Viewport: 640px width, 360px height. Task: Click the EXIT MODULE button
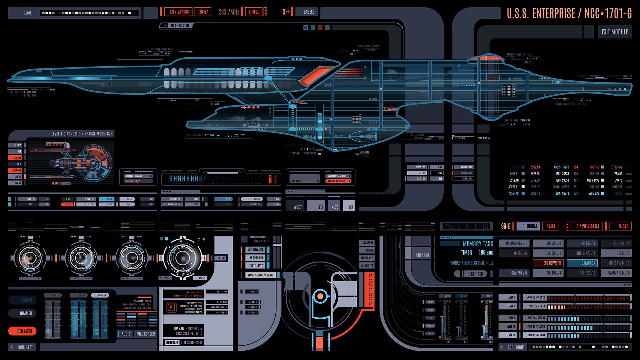coord(614,32)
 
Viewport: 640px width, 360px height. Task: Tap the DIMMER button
coord(26,313)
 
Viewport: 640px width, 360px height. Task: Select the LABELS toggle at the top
coord(309,12)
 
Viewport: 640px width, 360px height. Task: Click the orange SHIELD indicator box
coord(254,12)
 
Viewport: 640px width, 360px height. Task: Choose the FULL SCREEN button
coord(145,334)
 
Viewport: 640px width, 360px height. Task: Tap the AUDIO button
coord(126,334)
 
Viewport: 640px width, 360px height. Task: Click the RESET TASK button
coord(475,274)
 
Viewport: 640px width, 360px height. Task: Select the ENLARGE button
coord(423,255)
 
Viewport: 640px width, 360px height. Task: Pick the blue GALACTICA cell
coord(588,263)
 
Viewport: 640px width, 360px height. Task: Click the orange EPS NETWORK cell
coord(552,263)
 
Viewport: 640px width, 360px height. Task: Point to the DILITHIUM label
coord(529,226)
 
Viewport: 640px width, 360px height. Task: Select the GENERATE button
coord(172,342)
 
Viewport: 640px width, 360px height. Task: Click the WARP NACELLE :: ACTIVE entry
coord(261,275)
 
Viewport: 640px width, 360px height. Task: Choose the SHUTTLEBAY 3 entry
coord(256,266)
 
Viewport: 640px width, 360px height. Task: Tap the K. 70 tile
coord(335,207)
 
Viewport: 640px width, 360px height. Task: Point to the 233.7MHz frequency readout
coord(229,12)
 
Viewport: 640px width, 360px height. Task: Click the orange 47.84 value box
coord(551,226)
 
